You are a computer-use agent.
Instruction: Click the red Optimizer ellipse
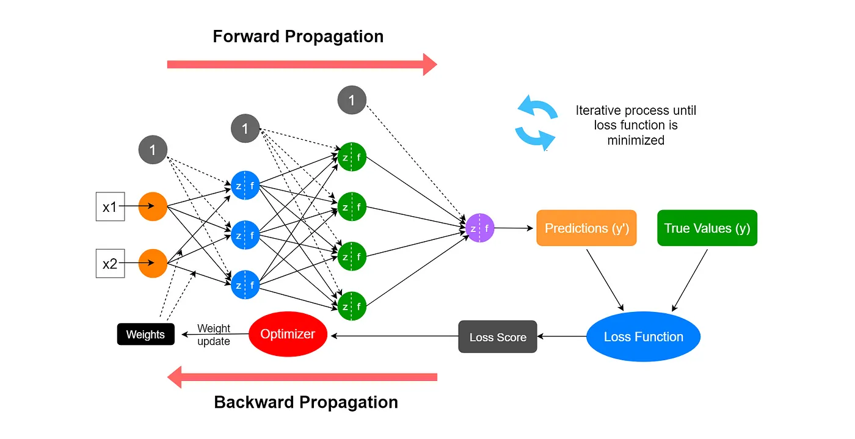pos(288,334)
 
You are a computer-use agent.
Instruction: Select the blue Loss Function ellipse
pos(643,336)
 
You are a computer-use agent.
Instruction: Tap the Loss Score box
pos(498,336)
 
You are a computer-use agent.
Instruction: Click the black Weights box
pos(145,334)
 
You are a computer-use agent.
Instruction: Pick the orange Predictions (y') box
pos(586,228)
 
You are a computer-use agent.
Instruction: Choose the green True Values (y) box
pos(707,228)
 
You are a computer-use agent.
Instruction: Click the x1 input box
pos(110,207)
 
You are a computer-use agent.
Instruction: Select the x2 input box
pos(110,264)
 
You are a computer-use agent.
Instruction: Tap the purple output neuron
pos(479,228)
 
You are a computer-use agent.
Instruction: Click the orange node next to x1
pos(153,206)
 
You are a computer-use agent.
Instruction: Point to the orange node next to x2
pos(153,264)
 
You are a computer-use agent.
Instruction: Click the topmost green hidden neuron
pos(352,157)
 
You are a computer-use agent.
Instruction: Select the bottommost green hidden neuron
pos(352,306)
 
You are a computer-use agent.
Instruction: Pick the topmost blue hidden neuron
pos(246,186)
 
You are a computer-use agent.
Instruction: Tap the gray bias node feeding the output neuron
pos(352,100)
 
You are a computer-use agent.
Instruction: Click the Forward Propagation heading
pos(298,37)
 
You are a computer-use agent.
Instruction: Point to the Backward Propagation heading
pos(306,402)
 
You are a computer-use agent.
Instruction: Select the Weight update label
pos(214,335)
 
